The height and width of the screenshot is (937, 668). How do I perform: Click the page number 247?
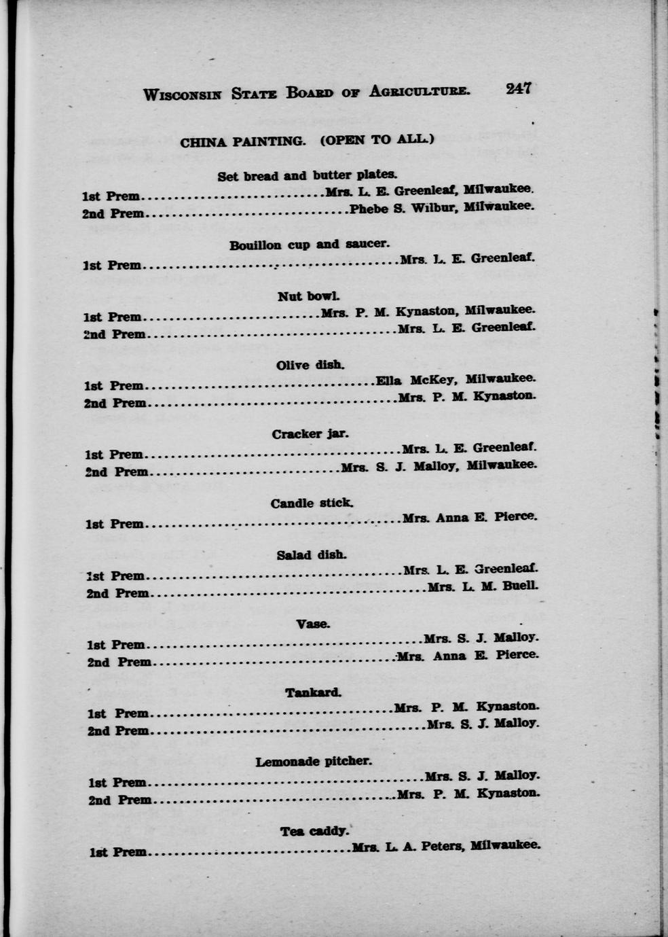(x=518, y=88)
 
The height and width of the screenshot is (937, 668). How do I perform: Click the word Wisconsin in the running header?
(x=182, y=94)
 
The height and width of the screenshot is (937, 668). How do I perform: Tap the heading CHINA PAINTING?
(x=242, y=142)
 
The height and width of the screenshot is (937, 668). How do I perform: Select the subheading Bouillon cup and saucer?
(x=309, y=245)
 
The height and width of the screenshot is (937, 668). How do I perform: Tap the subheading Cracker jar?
(x=310, y=434)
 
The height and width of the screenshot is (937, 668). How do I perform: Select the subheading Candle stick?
(x=312, y=503)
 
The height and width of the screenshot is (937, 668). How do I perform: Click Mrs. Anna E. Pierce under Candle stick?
(x=469, y=518)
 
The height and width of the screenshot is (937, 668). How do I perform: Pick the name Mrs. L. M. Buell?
(x=483, y=586)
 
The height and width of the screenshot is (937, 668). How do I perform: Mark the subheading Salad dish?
(x=312, y=555)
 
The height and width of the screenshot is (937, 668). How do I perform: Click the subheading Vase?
(x=313, y=624)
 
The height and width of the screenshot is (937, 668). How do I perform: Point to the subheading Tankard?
(x=313, y=693)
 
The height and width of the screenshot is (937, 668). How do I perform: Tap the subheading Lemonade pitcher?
(x=314, y=762)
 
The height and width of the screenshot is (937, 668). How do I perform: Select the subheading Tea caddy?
(x=314, y=831)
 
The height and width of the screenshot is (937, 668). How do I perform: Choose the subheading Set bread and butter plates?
(x=307, y=176)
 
